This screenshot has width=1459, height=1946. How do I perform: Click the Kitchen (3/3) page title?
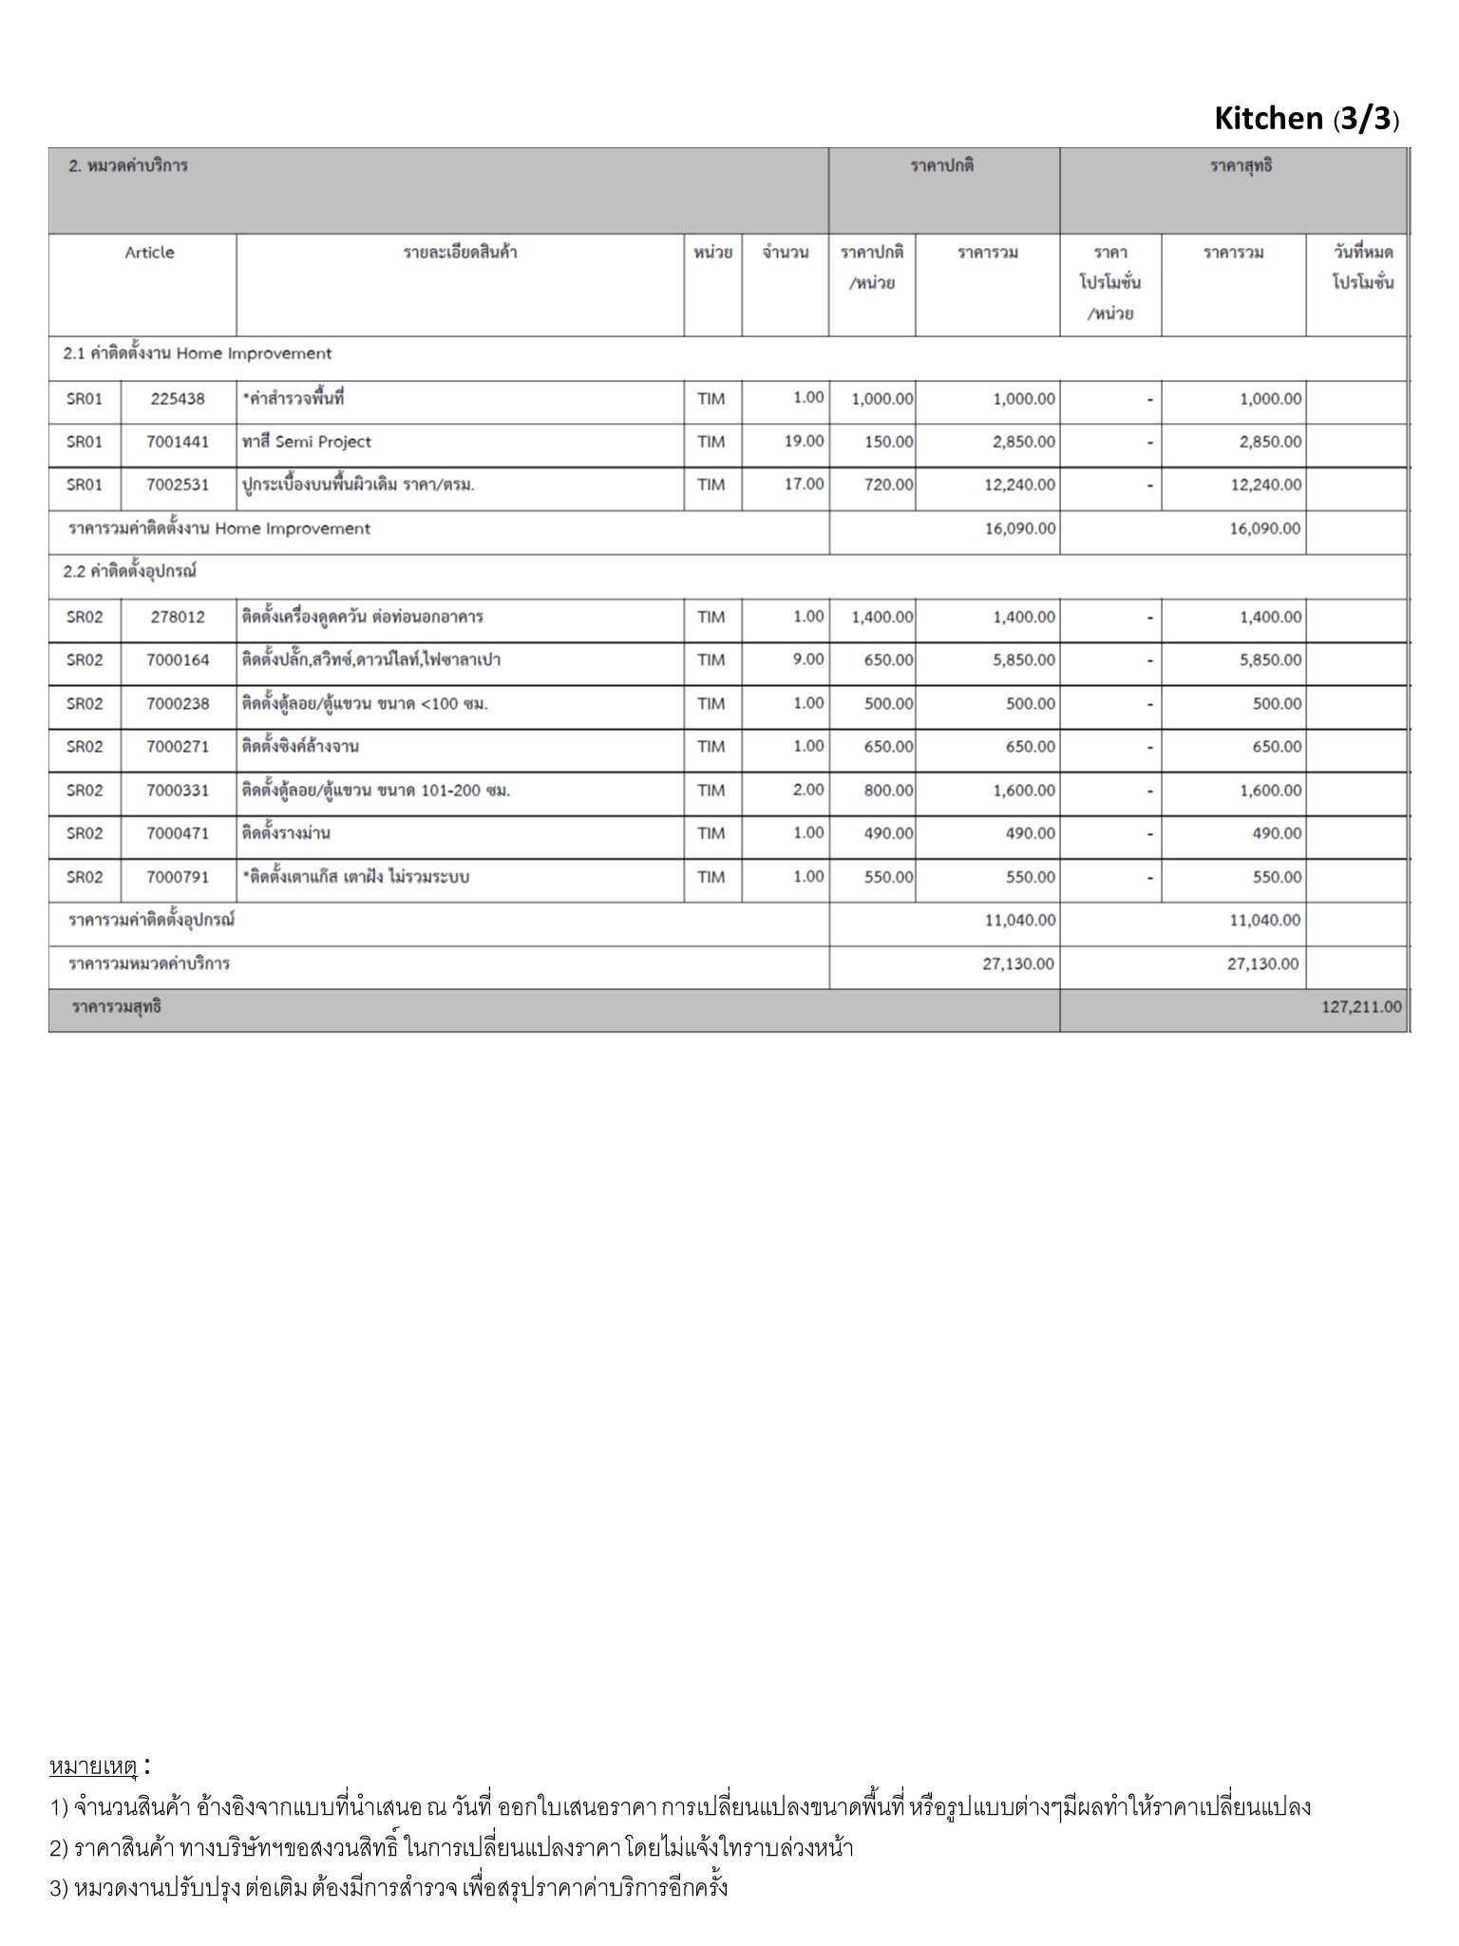(1306, 119)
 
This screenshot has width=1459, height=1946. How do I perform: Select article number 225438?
(178, 399)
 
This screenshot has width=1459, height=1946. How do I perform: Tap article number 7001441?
(178, 442)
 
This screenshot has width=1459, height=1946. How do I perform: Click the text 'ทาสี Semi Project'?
(307, 442)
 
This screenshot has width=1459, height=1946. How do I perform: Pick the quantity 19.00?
(804, 441)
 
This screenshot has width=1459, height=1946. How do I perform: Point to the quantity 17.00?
(804, 484)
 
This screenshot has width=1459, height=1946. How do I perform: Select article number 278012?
(178, 617)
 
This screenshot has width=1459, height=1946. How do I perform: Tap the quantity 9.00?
(808, 659)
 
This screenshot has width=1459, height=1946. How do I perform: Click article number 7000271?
(178, 747)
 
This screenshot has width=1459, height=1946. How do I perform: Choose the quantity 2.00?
(808, 790)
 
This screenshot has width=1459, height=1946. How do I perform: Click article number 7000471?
(178, 833)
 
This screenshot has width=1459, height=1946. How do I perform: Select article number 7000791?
(178, 877)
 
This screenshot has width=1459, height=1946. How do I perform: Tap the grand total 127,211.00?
(1360, 1007)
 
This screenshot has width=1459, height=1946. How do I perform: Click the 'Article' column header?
(149, 253)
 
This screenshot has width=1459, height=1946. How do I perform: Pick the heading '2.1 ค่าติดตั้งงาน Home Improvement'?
(198, 353)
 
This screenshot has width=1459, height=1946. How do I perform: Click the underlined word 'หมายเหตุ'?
(93, 1766)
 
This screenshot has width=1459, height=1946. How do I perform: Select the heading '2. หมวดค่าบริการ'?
(128, 165)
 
